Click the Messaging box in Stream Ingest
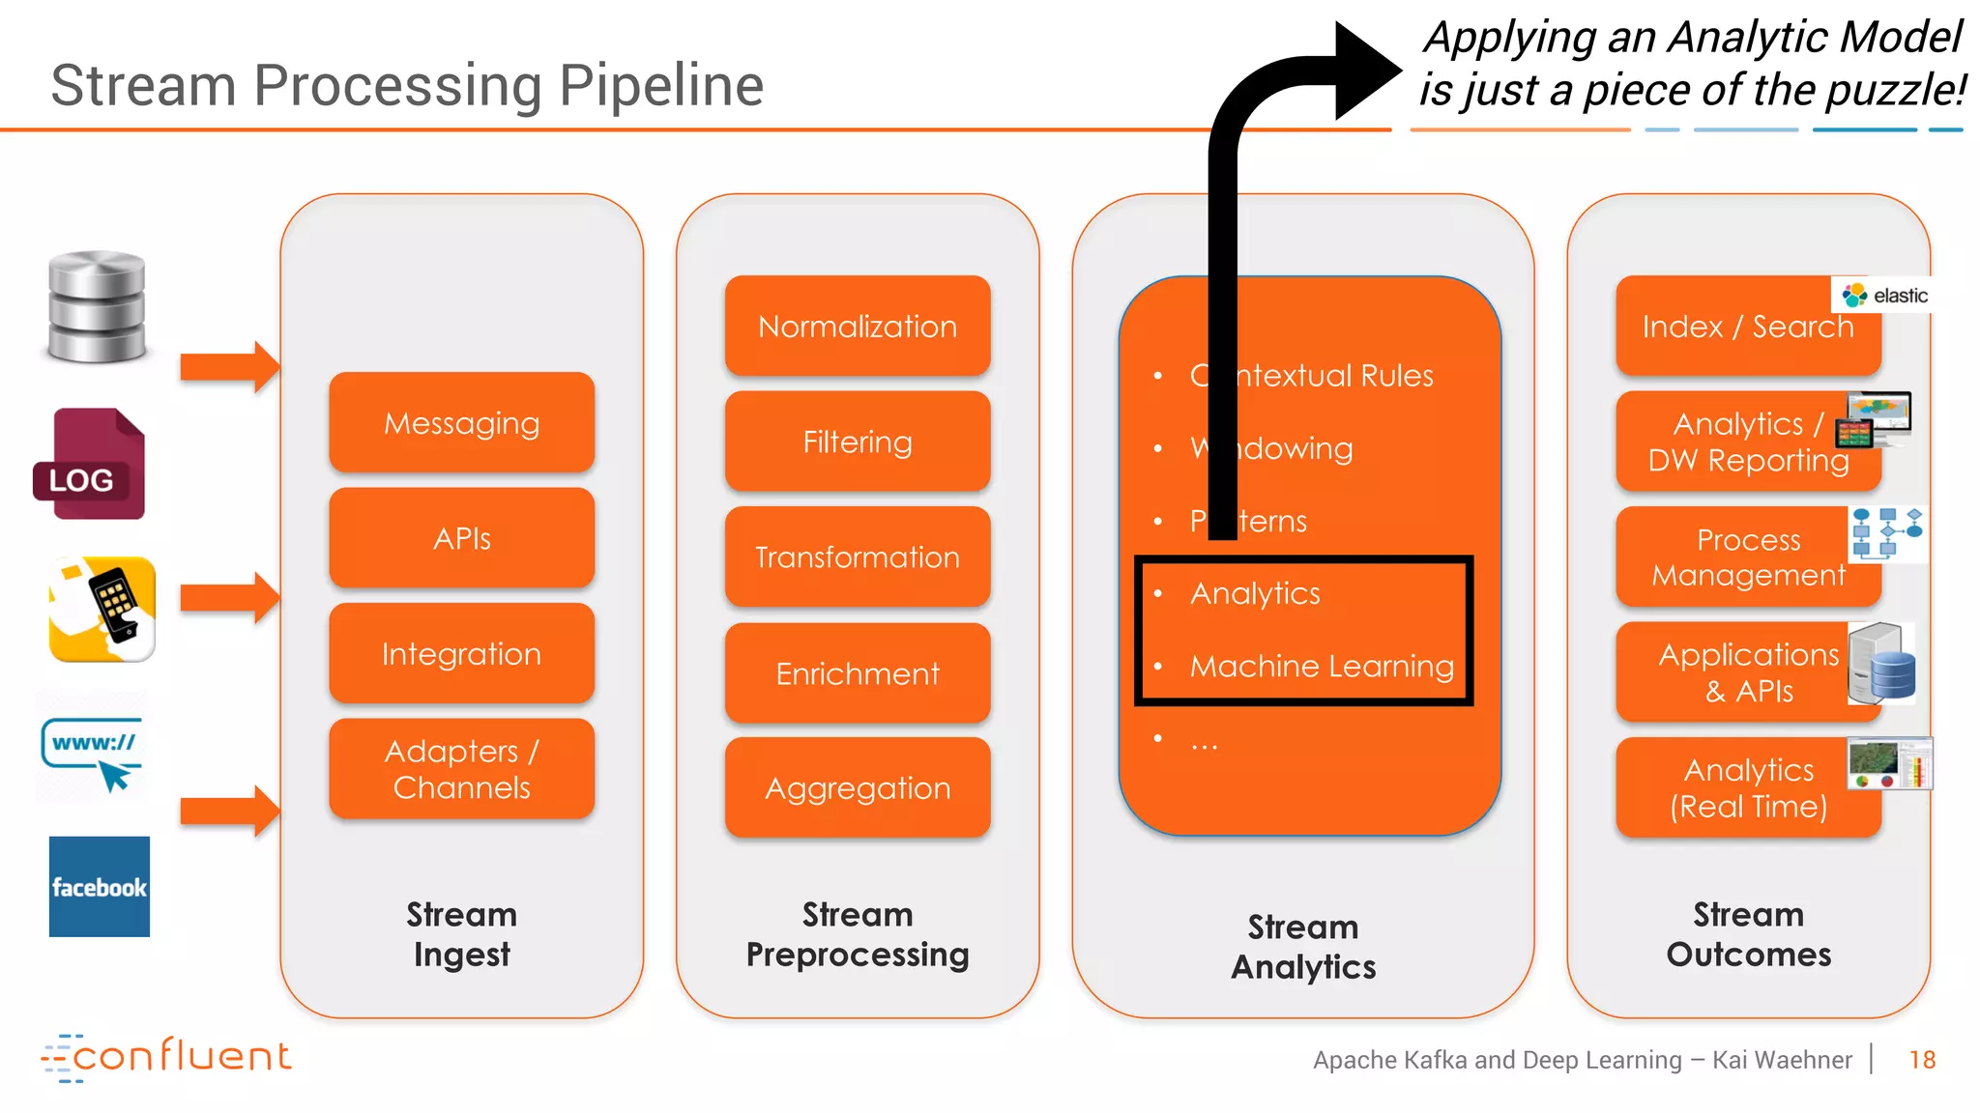[x=461, y=422]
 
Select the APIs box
[x=461, y=538]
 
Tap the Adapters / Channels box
[x=461, y=769]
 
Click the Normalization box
[x=857, y=327]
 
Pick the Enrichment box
[x=857, y=673]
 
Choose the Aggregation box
[x=857, y=788]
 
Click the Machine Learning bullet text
[x=1322, y=667]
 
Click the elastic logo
[x=1883, y=296]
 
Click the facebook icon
[x=100, y=887]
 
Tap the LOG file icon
[x=90, y=466]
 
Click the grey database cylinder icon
[x=97, y=306]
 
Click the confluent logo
[x=166, y=1057]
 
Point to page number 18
[x=1922, y=1061]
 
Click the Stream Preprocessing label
[x=857, y=934]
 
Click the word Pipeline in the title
[x=661, y=85]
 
